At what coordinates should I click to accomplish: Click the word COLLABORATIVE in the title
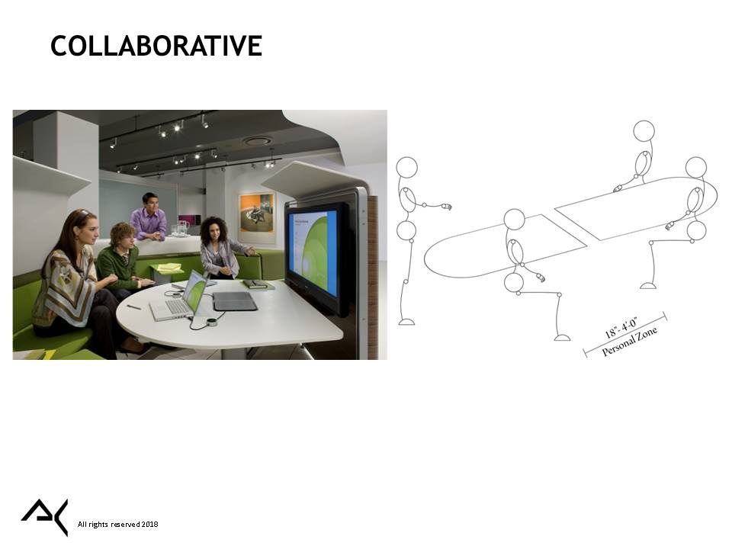156,46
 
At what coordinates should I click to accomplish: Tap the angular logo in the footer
45,517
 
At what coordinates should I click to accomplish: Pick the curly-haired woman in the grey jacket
223,247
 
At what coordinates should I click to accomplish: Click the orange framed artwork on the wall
256,213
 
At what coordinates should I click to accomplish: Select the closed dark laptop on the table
235,301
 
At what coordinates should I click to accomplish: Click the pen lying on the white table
133,307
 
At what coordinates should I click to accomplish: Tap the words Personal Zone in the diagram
630,342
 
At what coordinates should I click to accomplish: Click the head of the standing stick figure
406,167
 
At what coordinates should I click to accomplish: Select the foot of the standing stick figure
406,322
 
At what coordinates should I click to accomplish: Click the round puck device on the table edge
213,322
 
